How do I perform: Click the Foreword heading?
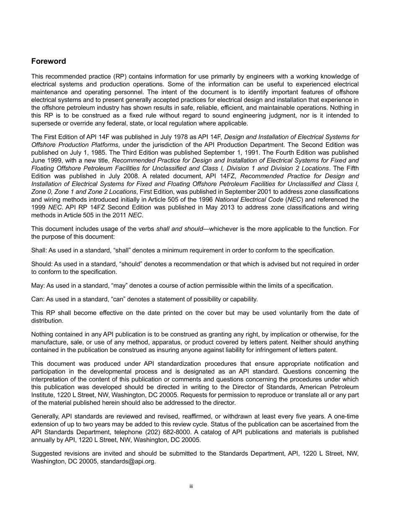pyautogui.click(x=49, y=61)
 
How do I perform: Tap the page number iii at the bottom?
pyautogui.click(x=191, y=487)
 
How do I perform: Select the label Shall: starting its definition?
pyautogui.click(x=39, y=250)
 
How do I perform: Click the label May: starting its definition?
pyautogui.click(x=38, y=286)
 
